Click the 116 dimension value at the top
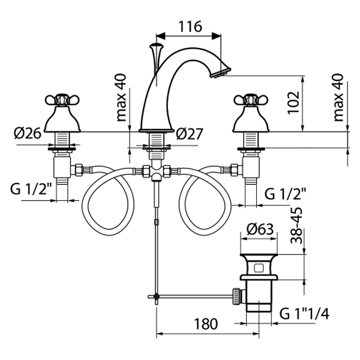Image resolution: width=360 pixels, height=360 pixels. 190,27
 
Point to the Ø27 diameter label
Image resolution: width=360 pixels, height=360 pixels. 191,134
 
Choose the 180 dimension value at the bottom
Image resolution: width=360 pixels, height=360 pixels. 206,324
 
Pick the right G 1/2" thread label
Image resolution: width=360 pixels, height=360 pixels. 286,194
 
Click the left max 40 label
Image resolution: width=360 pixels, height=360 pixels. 123,97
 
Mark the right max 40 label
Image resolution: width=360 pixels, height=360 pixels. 340,97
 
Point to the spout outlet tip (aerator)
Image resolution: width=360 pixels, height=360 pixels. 220,73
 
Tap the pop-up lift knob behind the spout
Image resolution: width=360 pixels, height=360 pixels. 157,46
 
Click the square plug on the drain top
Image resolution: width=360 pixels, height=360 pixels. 259,265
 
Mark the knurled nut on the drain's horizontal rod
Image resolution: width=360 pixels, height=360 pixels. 237,295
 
